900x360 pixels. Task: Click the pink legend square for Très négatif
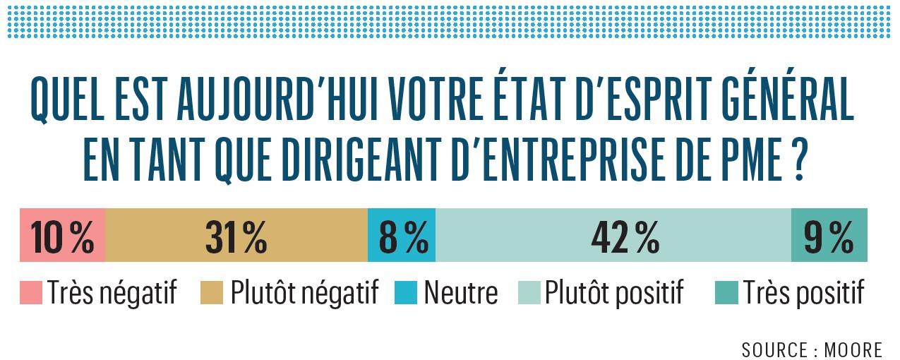point(31,292)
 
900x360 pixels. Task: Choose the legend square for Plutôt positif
point(529,292)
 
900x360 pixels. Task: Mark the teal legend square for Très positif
point(728,292)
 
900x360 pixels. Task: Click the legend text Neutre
point(460,292)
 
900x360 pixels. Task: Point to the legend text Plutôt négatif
point(304,292)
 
